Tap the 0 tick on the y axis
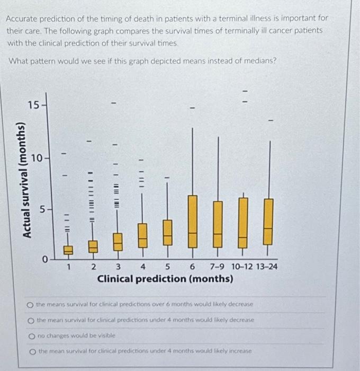coord(46,259)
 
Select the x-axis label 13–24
coord(264,267)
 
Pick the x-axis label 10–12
coord(241,267)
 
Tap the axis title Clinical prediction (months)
coord(165,278)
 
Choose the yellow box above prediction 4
coord(142,235)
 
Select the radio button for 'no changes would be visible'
coord(32,335)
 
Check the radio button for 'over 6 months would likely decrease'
coord(32,305)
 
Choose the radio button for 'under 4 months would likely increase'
coord(32,351)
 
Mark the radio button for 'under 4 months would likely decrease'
coord(32,320)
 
